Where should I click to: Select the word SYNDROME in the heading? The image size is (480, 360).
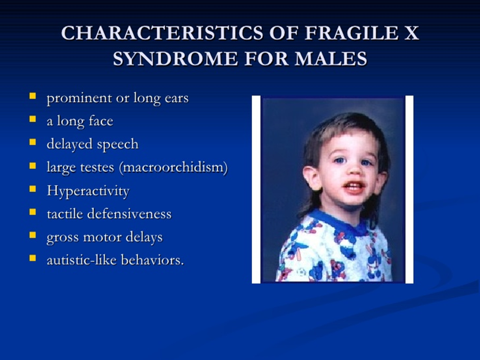click(x=175, y=59)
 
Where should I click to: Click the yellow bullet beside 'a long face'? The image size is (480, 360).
click(x=32, y=119)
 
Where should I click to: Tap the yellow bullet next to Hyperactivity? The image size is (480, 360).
click(x=32, y=189)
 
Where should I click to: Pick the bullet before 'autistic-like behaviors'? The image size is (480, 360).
click(x=32, y=258)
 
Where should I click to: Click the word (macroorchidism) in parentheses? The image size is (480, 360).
click(x=174, y=167)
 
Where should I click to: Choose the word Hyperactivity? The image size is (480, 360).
click(x=88, y=191)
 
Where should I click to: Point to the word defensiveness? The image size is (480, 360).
click(x=129, y=214)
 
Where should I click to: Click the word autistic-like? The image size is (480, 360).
click(x=81, y=260)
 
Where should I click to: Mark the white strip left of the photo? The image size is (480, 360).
click(x=256, y=189)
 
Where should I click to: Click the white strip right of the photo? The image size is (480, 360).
click(x=409, y=189)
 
